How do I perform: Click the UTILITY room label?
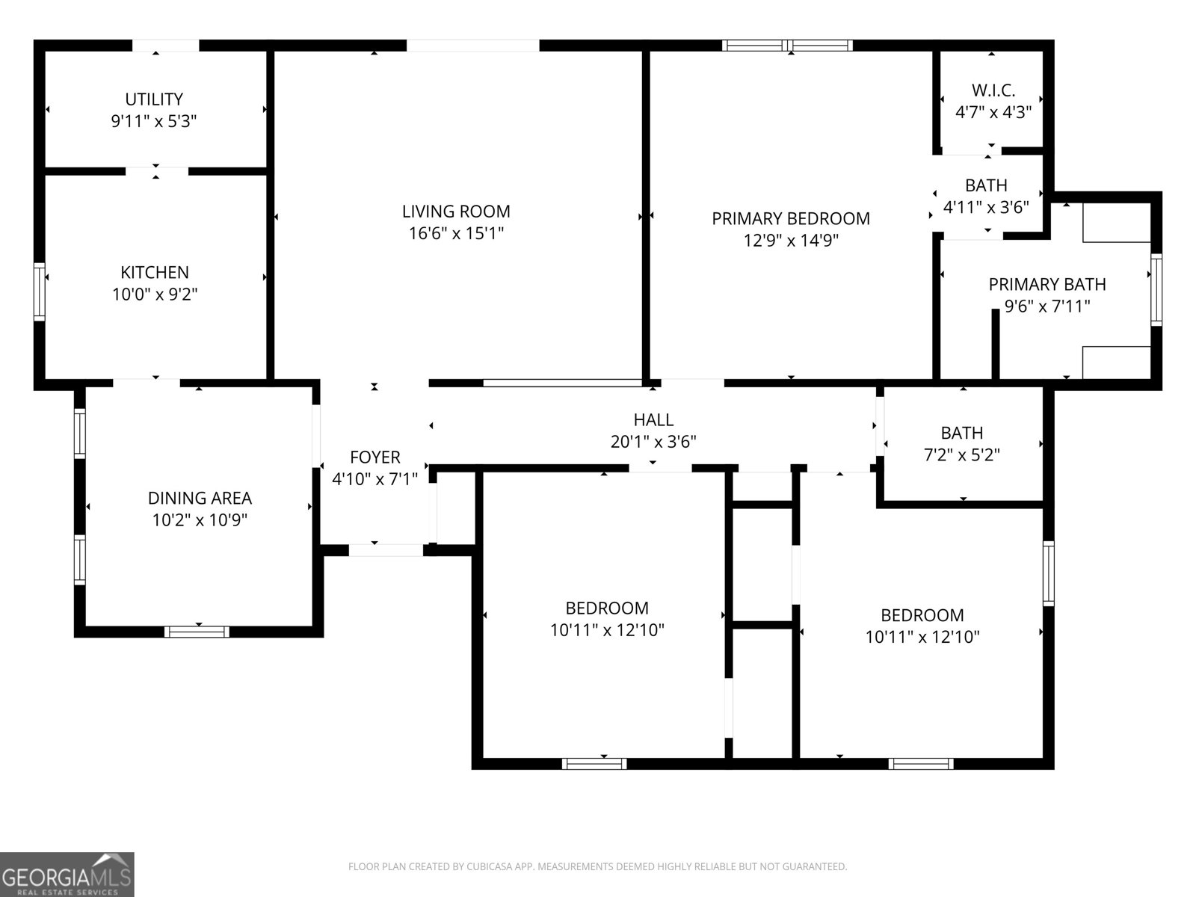[x=154, y=99]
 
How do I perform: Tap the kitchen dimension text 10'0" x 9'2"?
[x=155, y=295]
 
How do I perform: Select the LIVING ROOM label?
[x=456, y=212]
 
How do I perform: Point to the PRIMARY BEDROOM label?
[x=790, y=219]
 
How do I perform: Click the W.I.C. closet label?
[x=993, y=90]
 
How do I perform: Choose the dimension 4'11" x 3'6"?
[x=986, y=207]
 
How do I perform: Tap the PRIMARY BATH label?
[x=1046, y=285]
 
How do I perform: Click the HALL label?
[x=653, y=420]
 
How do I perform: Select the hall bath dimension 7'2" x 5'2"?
[x=961, y=454]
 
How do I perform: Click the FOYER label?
[x=375, y=457]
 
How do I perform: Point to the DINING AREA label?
[x=200, y=499]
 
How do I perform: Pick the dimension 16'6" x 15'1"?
[x=456, y=233]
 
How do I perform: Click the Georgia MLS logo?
[x=67, y=874]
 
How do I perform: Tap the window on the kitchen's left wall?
[x=40, y=292]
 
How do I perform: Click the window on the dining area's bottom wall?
[x=197, y=632]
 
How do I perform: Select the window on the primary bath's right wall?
[x=1156, y=289]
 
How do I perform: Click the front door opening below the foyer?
[x=386, y=550]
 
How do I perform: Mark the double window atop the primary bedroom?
[x=787, y=46]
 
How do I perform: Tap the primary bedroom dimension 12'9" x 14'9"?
[x=790, y=241]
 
